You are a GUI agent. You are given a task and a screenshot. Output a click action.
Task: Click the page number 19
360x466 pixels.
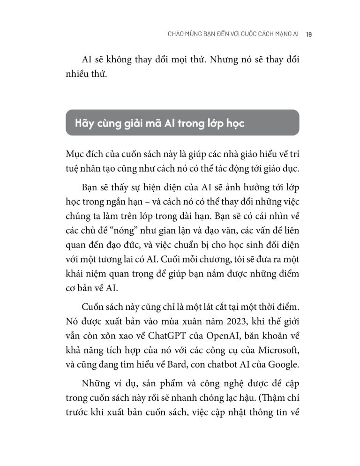[x=309, y=34]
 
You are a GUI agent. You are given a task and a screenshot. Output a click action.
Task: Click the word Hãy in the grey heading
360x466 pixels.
[x=85, y=123]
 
